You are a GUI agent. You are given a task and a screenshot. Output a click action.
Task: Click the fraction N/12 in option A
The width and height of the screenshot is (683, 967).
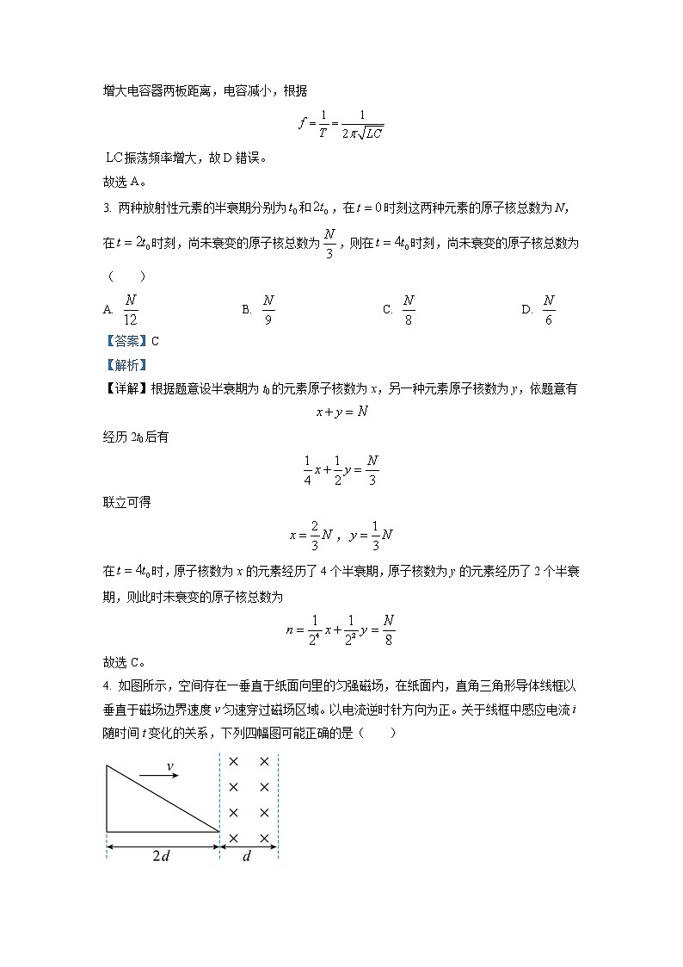tap(131, 310)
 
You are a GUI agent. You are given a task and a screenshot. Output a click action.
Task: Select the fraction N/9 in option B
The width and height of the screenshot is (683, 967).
tap(268, 310)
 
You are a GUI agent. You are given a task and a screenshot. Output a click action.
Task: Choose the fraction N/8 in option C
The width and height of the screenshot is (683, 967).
tap(409, 310)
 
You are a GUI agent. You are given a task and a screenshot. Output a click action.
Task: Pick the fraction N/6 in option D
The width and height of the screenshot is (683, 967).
tap(548, 310)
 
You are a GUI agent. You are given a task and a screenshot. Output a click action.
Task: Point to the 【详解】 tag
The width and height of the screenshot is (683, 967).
tap(126, 389)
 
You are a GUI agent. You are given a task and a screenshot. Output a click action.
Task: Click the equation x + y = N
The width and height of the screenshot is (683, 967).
tap(341, 412)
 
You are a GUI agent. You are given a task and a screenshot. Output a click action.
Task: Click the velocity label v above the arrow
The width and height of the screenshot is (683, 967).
tap(169, 766)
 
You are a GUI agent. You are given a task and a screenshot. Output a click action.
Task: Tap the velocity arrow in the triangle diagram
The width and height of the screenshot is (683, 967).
tap(159, 777)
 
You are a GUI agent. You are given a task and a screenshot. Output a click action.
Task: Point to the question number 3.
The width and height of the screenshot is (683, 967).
tap(106, 207)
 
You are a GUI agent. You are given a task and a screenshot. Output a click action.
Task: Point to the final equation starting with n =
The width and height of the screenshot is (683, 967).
tap(341, 630)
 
